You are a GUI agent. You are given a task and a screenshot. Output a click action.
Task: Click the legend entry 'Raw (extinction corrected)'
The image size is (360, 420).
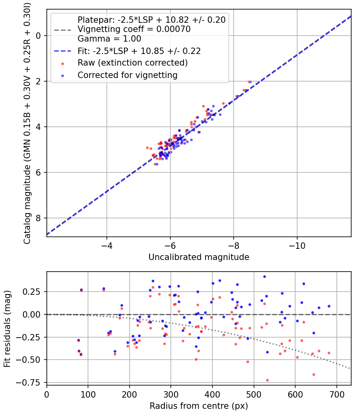pos(132,63)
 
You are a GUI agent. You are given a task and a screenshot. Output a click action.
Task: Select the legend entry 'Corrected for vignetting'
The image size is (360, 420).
pos(127,75)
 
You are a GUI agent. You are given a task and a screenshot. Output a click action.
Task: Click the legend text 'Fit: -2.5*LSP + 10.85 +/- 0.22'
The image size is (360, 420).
pos(139,51)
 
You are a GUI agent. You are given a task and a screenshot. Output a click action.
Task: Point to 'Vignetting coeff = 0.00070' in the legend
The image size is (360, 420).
pos(134,29)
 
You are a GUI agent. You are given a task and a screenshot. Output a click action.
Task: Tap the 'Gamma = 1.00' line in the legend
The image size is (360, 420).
pos(109,39)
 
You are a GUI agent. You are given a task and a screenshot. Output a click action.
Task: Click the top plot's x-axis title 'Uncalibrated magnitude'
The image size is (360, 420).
pos(199,257)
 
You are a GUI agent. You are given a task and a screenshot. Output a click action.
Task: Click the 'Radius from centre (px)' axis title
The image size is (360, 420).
pos(199,406)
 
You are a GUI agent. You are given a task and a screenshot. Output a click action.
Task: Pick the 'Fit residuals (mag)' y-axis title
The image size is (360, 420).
pos(7,329)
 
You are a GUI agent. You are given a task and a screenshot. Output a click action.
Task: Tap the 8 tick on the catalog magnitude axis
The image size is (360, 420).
pos(39,218)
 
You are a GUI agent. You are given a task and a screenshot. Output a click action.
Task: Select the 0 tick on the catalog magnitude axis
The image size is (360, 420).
pos(39,36)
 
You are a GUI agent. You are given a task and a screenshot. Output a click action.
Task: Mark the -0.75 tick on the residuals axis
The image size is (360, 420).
pos(32,382)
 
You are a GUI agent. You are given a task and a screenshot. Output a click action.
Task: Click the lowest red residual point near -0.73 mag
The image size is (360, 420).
pos(267,380)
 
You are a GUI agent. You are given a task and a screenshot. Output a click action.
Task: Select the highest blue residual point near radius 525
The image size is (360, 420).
pos(264,276)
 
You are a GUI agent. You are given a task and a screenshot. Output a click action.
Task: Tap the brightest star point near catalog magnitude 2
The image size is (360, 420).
pos(249,82)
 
